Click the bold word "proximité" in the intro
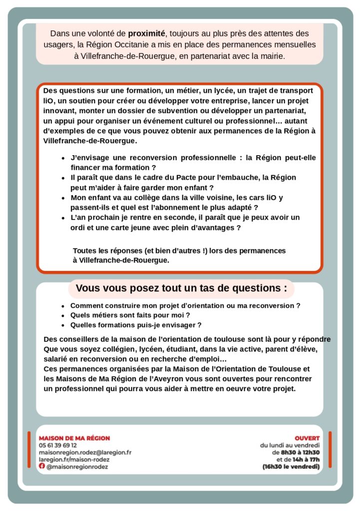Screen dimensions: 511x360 click(146, 33)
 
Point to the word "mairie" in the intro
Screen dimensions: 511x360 click(270, 56)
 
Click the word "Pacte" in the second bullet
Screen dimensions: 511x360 click(174, 177)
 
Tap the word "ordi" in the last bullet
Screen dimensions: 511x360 click(78, 228)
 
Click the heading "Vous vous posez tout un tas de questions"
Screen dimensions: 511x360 click(181, 288)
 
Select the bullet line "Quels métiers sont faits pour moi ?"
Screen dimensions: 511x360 click(130, 315)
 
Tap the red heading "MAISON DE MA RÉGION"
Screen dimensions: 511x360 click(74, 438)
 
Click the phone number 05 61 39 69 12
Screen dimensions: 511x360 click(58, 445)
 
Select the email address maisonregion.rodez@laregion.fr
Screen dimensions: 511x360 click(85, 452)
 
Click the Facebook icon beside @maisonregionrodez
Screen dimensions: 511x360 click(42, 466)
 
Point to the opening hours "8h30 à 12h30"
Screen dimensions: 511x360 click(300, 452)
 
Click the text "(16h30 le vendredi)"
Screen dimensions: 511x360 click(291, 467)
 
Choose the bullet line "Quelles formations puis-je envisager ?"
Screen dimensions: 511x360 click(135, 325)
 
